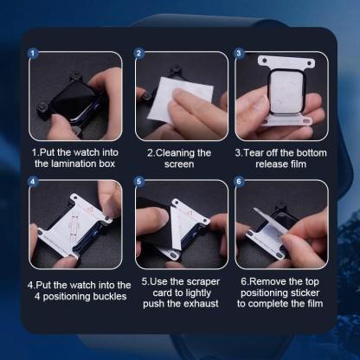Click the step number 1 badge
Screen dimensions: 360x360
tap(34, 53)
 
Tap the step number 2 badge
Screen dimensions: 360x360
tap(138, 53)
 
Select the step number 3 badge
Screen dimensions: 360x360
tap(240, 53)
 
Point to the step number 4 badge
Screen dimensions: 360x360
tap(34, 183)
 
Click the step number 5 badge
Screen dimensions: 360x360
tap(138, 183)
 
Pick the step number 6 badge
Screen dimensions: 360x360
tap(240, 183)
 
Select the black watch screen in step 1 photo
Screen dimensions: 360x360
tap(68, 100)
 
